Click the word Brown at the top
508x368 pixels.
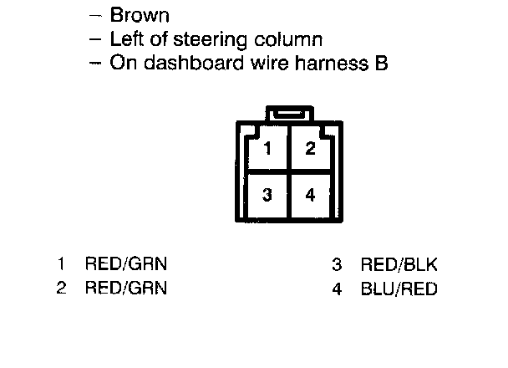141,14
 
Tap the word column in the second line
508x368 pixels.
292,39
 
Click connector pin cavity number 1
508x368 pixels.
267,150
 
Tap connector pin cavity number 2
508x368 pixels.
310,150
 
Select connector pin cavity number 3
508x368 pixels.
267,195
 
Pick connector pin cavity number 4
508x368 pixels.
310,195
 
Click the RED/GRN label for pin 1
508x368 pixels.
126,265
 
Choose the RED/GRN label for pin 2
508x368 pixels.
126,289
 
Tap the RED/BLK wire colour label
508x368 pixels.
399,265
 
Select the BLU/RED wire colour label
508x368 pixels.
399,289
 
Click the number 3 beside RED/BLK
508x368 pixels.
337,265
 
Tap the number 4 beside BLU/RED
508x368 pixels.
337,289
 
